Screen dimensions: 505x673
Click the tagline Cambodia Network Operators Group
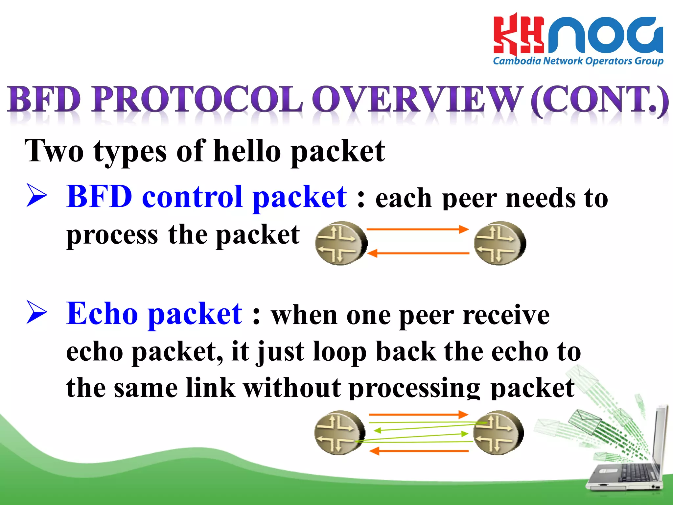[578, 61]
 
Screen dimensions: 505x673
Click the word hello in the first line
[247, 151]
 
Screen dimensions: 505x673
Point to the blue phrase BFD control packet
[206, 197]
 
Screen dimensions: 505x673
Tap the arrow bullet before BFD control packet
[36, 196]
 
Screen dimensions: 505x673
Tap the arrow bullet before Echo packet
[36, 312]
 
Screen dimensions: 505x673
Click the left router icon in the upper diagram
[340, 243]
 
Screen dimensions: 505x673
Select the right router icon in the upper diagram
[499, 243]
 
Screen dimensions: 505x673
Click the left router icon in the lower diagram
[339, 432]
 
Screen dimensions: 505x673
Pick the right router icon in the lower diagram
[498, 432]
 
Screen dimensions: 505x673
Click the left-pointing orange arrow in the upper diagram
[417, 253]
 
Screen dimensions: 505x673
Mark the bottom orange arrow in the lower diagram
[419, 451]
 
